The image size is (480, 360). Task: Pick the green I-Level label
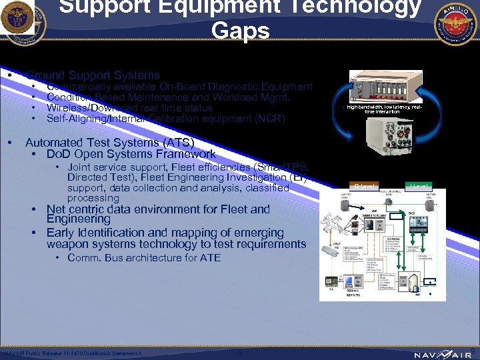(x=419, y=185)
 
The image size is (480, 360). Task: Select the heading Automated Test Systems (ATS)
(x=109, y=142)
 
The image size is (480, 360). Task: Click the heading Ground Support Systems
(x=93, y=75)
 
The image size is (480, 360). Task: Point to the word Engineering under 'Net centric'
(x=78, y=219)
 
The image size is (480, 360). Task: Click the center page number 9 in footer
(x=239, y=353)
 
